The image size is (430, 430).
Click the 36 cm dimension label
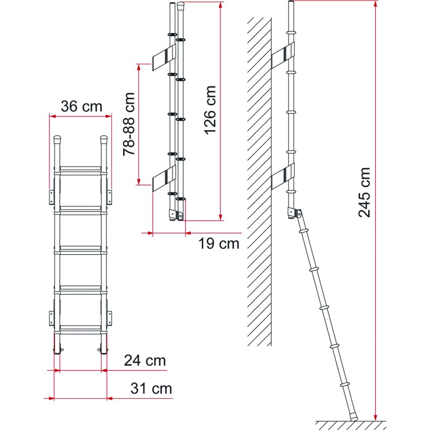(81, 106)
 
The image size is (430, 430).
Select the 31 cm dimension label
(150, 388)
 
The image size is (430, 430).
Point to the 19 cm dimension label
(218, 243)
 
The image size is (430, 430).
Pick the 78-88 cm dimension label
(129, 124)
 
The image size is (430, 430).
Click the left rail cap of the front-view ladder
(58, 141)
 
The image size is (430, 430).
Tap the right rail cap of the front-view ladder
(104, 141)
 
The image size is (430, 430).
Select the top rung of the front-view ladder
(81, 171)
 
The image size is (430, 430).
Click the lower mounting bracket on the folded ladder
(163, 177)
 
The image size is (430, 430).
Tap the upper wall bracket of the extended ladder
(284, 54)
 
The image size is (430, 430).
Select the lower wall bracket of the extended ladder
(284, 177)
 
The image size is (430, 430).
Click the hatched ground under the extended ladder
(349, 425)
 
